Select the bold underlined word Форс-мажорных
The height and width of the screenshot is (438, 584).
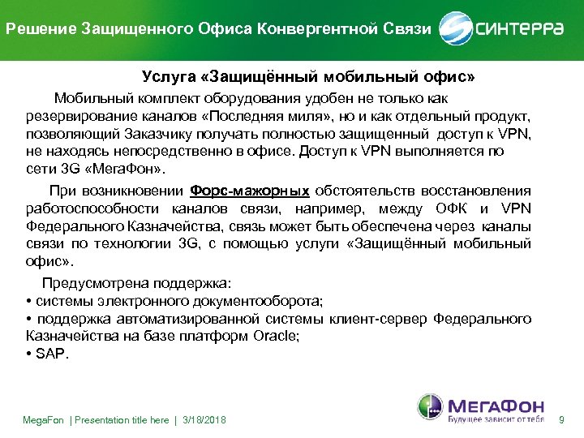pos(249,191)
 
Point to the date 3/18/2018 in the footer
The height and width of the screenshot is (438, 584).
pos(202,420)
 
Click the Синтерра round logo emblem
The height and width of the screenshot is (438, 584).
pos(455,29)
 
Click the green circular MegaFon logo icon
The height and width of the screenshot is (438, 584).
pos(431,407)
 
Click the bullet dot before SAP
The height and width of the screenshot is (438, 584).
pos(28,354)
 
